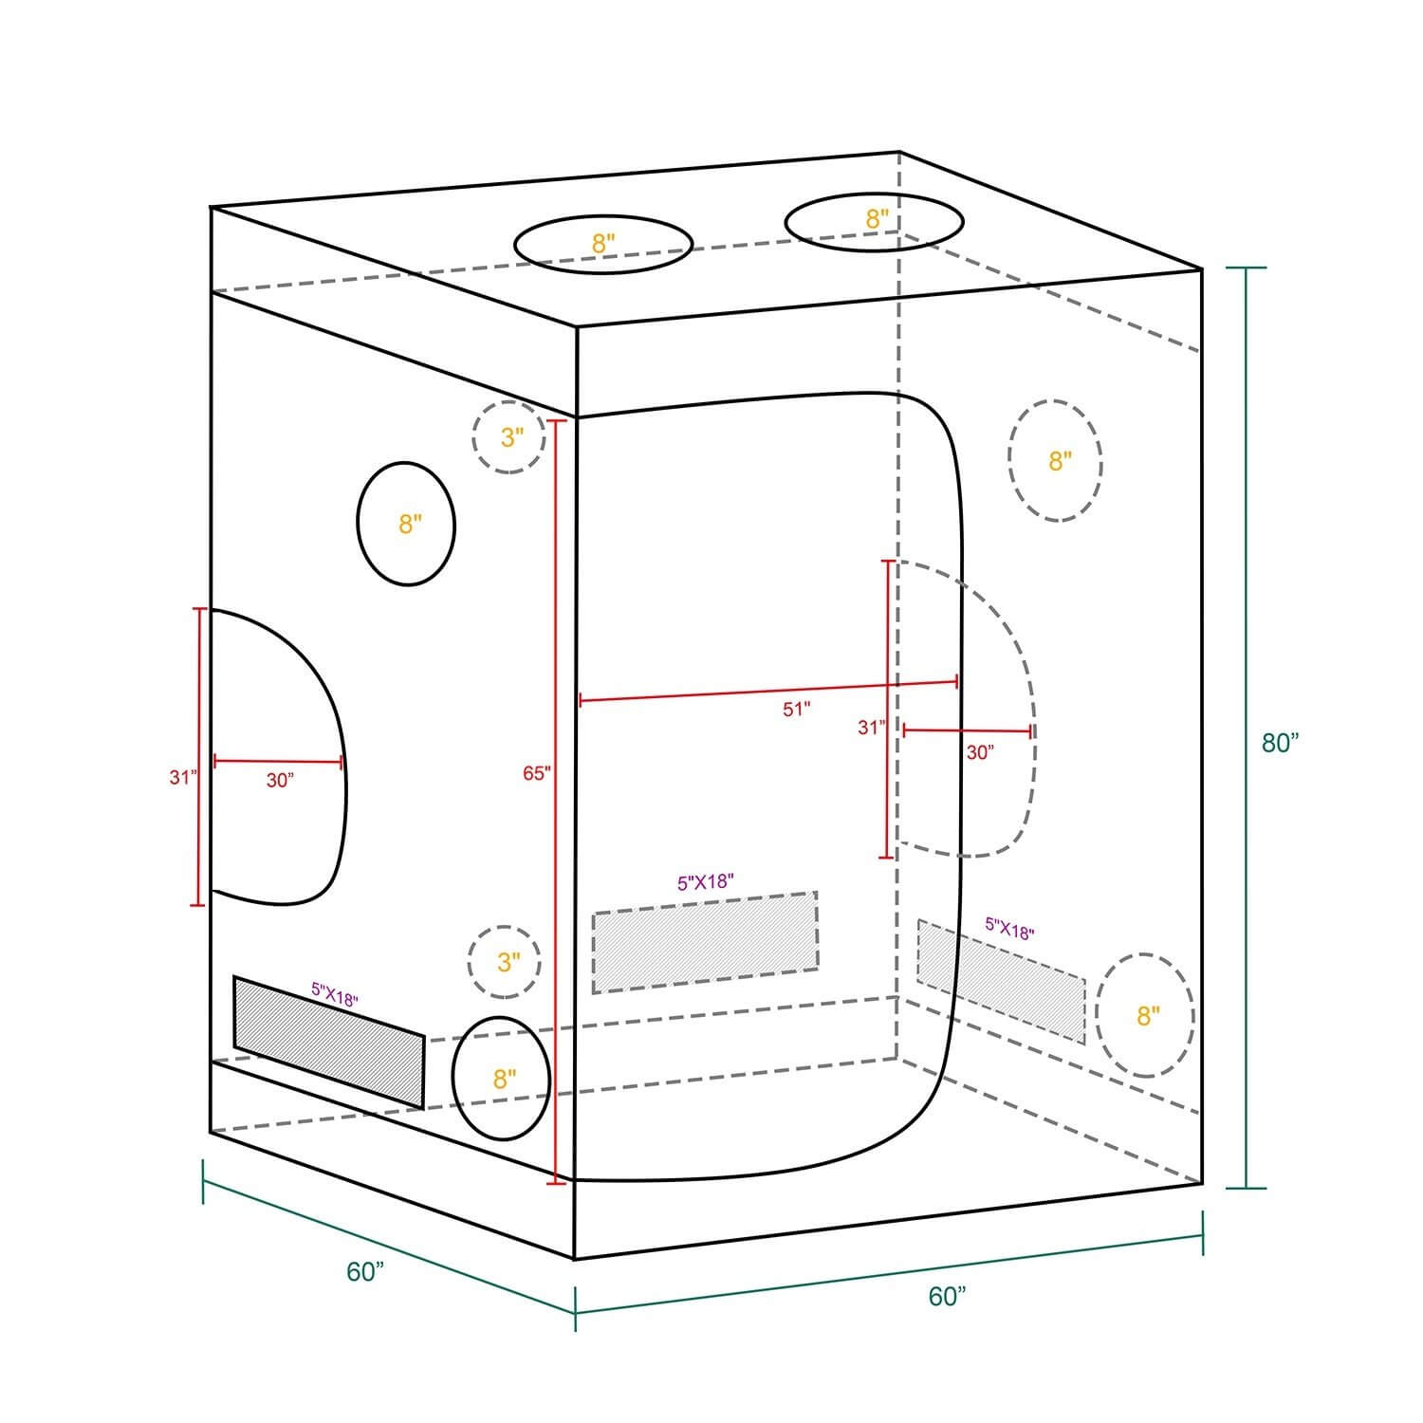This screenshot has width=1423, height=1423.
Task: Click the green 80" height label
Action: coord(1279,743)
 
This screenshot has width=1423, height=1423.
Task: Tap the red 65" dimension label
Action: coord(536,773)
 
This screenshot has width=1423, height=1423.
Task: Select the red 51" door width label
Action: coord(797,709)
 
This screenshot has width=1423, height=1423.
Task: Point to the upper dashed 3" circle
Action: coord(510,437)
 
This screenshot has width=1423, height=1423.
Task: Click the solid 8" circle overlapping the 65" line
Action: coord(502,1079)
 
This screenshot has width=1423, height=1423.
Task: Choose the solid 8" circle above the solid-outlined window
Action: coord(407,524)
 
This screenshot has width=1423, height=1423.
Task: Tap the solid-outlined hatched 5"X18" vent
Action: coord(329,1042)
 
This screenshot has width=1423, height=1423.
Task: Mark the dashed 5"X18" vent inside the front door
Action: coord(705,942)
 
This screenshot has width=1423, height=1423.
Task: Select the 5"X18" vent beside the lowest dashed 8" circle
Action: coord(1001,980)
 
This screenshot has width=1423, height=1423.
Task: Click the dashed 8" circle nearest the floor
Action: coord(1146,1015)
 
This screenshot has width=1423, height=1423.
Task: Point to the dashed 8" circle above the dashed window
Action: coord(1056,461)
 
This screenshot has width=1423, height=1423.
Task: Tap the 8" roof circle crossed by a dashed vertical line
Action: coord(875,222)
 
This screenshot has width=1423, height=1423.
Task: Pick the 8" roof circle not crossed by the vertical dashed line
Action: coord(603,244)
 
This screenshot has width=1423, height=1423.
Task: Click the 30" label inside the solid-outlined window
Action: coord(280,781)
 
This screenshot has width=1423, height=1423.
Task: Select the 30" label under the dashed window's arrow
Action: coord(979,752)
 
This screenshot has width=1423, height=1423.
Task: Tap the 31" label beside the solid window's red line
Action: coord(182,777)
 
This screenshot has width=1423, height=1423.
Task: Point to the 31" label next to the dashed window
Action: coord(870,728)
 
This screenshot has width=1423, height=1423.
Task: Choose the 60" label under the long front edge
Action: coord(947,1296)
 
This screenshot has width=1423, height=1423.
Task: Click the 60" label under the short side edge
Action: coord(364,1272)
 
